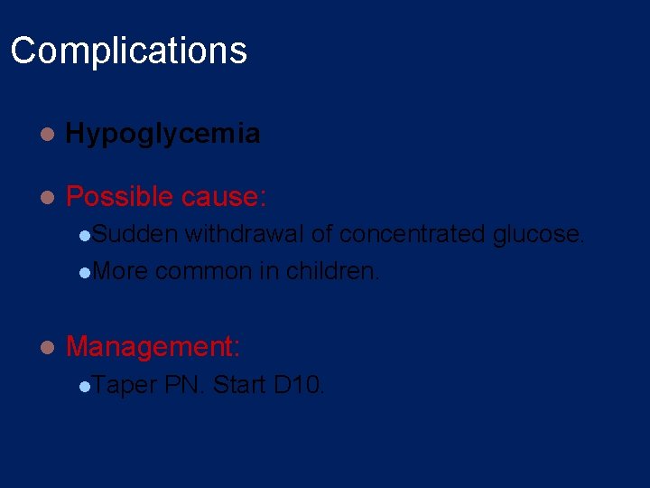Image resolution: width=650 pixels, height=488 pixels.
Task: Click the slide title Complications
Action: pos(128,51)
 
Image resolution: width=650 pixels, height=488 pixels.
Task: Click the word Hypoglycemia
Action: pos(163,134)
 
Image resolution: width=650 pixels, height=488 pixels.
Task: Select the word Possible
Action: pos(119,196)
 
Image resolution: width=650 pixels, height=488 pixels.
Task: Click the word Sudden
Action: pos(135,234)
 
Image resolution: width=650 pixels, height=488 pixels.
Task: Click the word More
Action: pos(120,271)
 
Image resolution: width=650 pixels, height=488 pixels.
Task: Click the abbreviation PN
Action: pos(186,385)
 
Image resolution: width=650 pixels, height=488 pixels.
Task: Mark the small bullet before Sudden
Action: pos(84,236)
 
